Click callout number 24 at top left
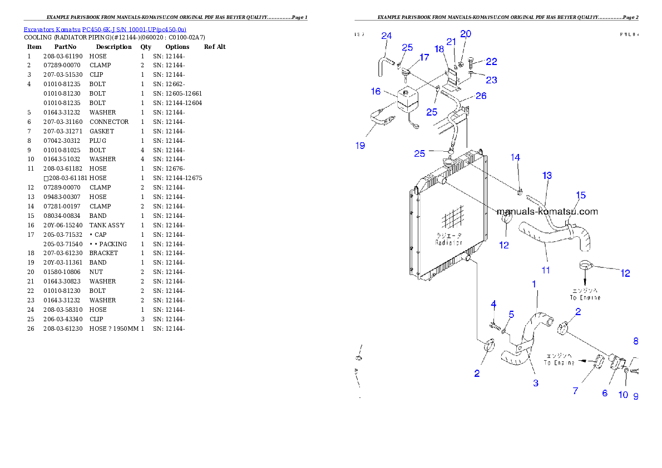386,36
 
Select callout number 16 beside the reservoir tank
376,91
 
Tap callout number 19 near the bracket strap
360,146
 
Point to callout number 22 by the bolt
491,62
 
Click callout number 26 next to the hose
481,96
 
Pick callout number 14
516,158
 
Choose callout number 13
547,176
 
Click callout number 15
581,195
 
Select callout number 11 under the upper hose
546,270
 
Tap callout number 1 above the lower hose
534,284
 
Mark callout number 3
536,383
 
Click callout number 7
575,391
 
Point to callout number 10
623,395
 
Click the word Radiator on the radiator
448,242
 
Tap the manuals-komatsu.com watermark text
547,211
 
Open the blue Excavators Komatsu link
105,29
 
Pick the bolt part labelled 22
472,61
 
